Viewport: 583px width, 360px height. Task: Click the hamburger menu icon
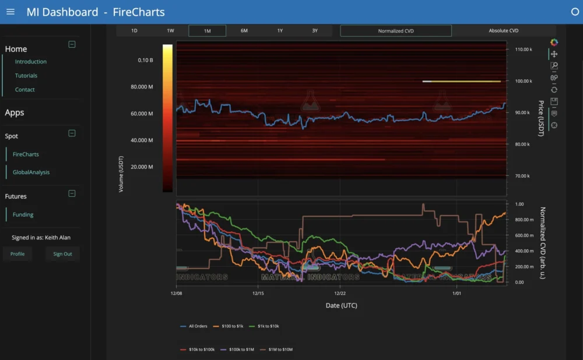[10, 12]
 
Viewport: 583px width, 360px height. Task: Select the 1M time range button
[207, 31]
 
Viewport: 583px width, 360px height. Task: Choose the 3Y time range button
[315, 31]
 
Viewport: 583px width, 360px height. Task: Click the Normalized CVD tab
[396, 31]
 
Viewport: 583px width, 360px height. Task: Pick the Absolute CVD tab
[503, 31]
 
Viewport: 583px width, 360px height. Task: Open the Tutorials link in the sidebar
[26, 76]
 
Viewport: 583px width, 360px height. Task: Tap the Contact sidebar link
[25, 90]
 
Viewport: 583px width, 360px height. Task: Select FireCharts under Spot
[26, 154]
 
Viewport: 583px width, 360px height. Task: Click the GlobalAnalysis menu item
[31, 172]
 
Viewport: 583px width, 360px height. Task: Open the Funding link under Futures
[23, 215]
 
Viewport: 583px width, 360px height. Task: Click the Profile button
[17, 254]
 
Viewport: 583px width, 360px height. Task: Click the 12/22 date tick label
[341, 294]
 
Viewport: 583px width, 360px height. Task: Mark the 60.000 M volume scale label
[142, 114]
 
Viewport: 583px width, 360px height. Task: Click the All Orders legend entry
[195, 326]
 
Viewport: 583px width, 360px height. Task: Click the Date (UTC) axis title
[341, 305]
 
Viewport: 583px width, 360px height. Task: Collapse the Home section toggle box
[72, 44]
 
